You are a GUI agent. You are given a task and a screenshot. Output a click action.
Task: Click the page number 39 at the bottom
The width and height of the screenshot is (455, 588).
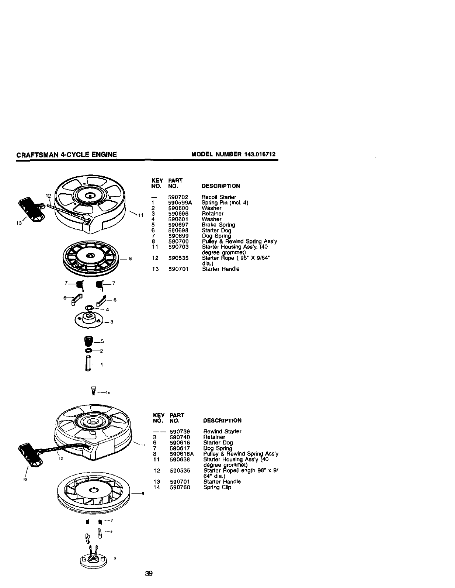(149, 574)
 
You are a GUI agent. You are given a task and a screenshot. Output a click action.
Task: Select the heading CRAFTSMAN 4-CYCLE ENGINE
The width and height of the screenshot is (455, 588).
(67, 155)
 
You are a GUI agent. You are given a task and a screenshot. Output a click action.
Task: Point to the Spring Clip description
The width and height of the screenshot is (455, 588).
(217, 487)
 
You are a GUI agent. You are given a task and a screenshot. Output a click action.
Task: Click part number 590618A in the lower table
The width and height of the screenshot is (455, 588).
(182, 454)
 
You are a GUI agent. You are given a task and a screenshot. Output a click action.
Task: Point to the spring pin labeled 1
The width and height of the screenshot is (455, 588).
(87, 364)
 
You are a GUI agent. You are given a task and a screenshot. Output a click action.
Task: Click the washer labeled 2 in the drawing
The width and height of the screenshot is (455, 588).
(88, 350)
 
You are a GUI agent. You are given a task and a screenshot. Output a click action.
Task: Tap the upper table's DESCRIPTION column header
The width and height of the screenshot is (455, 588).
(220, 186)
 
